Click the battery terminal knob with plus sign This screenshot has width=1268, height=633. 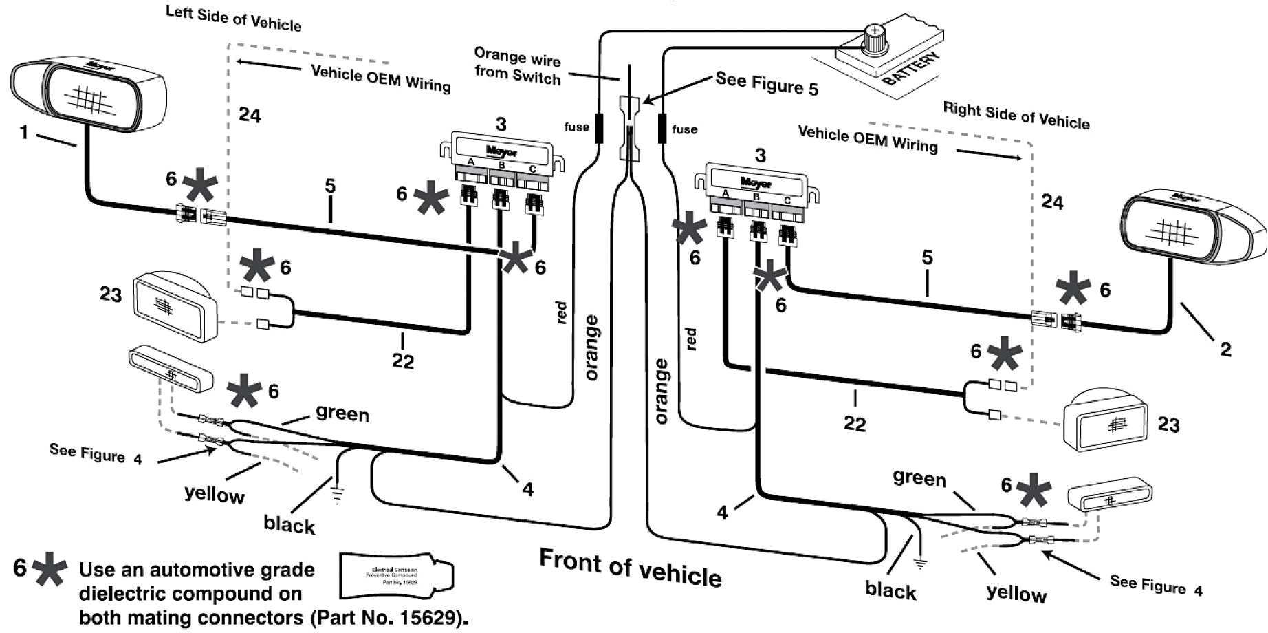coord(875,39)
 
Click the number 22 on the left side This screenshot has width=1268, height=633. coord(403,361)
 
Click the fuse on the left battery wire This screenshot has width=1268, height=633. coord(599,128)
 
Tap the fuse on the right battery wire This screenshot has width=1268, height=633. coord(662,129)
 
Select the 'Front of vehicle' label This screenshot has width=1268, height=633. coord(630,567)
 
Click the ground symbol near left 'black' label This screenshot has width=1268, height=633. coord(337,495)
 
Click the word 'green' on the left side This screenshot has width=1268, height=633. coord(342,414)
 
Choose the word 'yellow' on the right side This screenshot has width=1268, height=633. coord(1016,593)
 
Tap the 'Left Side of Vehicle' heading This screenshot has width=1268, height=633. coord(233,19)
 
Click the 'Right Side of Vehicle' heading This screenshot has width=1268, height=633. coord(1016,116)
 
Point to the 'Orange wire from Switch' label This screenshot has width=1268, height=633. coord(517,66)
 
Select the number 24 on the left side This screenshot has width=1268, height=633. coord(250,115)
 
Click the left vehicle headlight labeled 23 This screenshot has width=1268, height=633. coord(175,306)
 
